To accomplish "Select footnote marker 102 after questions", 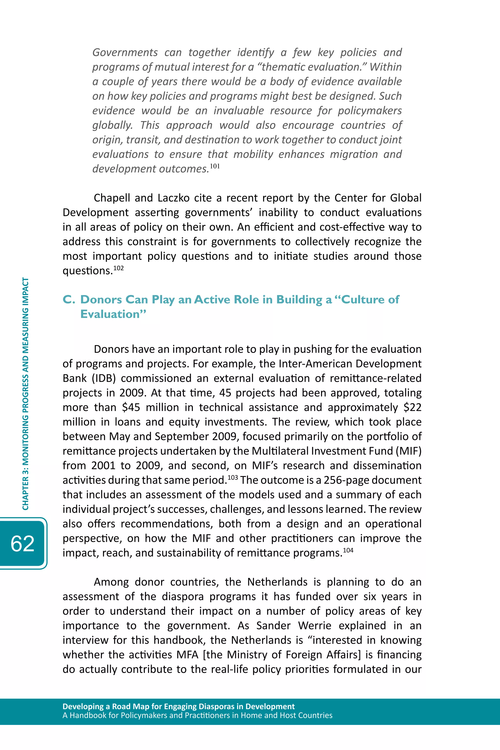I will click(x=118, y=268).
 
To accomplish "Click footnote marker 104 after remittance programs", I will click(x=348, y=550).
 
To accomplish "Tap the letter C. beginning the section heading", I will click(x=69, y=300).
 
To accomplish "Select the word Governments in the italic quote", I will click(x=125, y=52).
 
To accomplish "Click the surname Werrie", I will click(x=314, y=626).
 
